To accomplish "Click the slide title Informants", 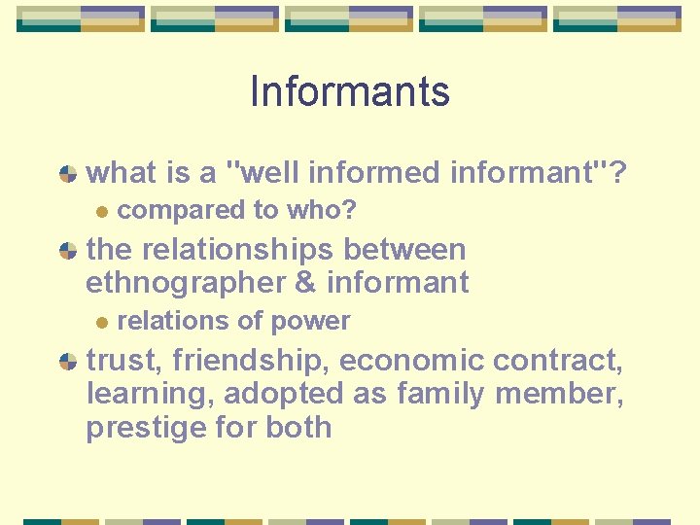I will click(x=350, y=91).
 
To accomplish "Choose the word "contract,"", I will click(x=558, y=361).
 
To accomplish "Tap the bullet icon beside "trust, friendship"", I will click(x=67, y=362).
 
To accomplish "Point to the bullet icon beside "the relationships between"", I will click(x=67, y=251).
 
